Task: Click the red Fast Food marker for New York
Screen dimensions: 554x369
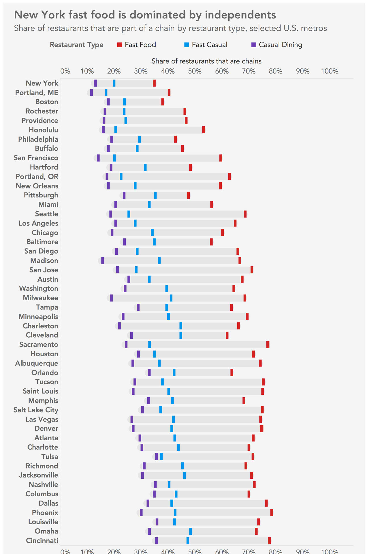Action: [154, 83]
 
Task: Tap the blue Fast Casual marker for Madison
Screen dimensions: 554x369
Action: [159, 261]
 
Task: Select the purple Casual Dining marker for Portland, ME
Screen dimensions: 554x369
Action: [91, 92]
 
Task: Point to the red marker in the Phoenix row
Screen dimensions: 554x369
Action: [272, 512]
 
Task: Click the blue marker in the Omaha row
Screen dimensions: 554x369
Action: [191, 531]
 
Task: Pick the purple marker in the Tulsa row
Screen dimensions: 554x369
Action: [157, 456]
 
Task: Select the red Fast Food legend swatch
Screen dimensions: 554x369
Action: [120, 45]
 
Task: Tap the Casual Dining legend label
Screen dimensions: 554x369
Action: [280, 45]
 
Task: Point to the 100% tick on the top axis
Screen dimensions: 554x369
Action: [330, 71]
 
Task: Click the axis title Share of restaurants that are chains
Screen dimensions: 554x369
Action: [206, 61]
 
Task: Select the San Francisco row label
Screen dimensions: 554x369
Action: [36, 158]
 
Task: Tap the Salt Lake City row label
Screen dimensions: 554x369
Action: [36, 410]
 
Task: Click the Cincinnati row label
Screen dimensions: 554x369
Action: [42, 540]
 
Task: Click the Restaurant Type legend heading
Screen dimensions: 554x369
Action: [76, 45]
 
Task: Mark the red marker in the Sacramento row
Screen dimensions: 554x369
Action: [268, 345]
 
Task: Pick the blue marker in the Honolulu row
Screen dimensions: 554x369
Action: [116, 130]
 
